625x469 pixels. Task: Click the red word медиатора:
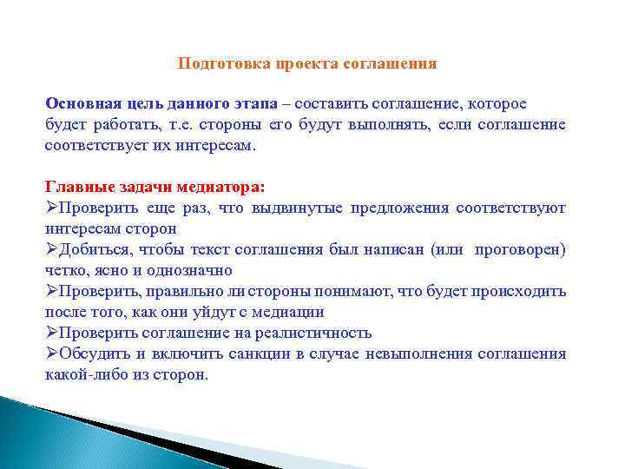225,187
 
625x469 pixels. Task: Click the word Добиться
90,249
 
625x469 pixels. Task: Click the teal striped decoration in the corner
52,434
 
